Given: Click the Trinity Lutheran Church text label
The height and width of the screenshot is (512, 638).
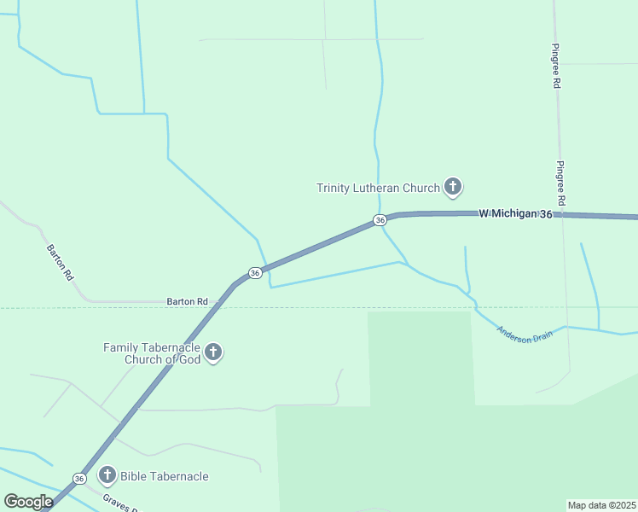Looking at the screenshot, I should pos(377,188).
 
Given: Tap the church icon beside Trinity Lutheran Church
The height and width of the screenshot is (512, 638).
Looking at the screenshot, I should pos(453,186).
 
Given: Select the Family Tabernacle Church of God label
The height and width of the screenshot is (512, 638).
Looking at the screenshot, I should pos(152,353).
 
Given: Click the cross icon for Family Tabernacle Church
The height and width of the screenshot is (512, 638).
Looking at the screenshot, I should pos(213,352).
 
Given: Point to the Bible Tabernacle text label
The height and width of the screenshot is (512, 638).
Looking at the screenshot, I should pos(164,476).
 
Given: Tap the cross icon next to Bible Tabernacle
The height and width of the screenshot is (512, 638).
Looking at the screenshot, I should pos(107,475).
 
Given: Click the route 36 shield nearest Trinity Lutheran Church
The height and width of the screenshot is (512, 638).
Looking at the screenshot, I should pos(380,220).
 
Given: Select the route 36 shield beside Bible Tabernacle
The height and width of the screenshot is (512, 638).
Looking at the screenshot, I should pos(79,479).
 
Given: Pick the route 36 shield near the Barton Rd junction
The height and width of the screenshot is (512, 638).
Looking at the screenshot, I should pos(254,273).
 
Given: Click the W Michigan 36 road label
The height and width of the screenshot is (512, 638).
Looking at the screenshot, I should pos(515,213).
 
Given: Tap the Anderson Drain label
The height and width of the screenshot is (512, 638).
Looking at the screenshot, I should pos(525,334).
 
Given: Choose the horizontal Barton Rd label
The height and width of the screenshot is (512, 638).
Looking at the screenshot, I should pos(187,301).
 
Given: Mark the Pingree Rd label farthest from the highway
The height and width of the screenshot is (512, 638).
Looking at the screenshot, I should pos(555,67).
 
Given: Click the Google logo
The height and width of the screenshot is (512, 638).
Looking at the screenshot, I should pos(28,502).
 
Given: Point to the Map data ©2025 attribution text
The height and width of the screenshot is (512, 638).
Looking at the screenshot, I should pos(601,505).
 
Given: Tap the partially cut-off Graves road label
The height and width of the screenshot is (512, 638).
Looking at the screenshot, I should pos(119,503).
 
